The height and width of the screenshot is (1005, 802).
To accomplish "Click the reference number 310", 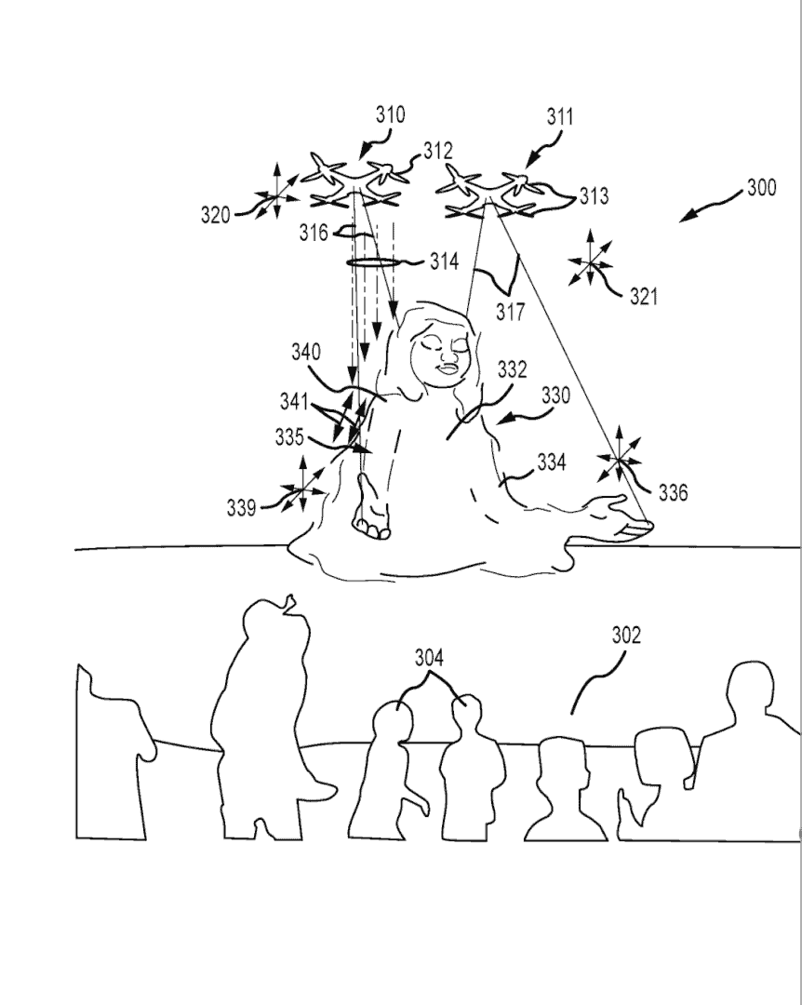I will [x=391, y=115].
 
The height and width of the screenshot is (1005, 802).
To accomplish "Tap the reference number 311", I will [x=560, y=116].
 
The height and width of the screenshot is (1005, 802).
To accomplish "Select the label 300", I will [x=761, y=188].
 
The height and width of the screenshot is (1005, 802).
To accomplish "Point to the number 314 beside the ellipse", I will [x=444, y=261].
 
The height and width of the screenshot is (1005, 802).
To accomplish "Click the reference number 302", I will [x=625, y=636].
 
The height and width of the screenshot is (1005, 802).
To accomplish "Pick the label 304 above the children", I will [x=429, y=659].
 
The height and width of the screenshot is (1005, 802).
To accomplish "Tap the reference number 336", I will [x=673, y=492].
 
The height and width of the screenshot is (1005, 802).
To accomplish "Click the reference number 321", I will [x=643, y=297].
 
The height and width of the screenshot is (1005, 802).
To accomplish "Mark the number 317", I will [x=510, y=313].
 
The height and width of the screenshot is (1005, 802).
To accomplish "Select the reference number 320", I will [x=216, y=215].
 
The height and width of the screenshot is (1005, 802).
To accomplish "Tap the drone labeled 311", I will [x=487, y=191].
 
